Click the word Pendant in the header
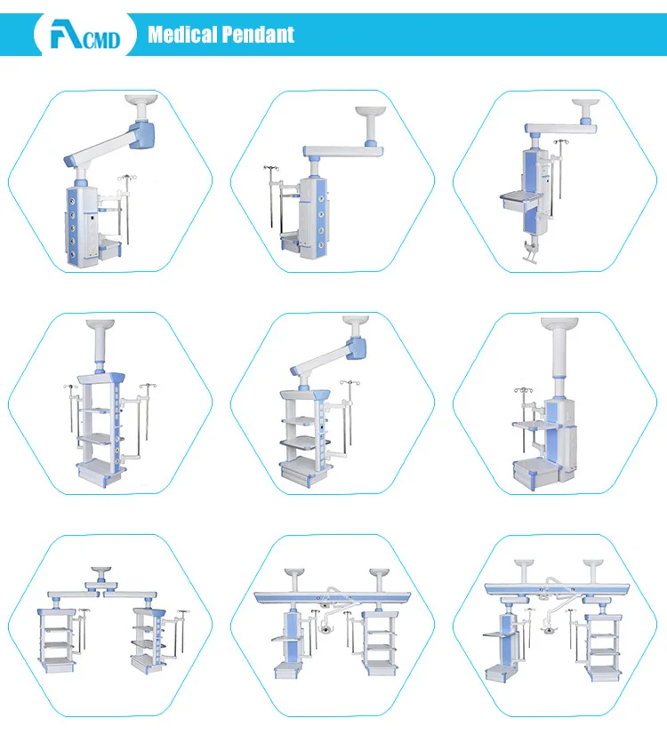258,35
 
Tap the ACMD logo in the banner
85,35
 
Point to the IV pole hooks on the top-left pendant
127,178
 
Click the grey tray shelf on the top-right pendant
521,198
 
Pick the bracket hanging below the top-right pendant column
531,252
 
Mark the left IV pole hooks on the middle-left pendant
71,387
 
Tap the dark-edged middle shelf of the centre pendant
305,442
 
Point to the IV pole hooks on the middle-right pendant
523,390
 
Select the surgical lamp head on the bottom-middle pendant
325,628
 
